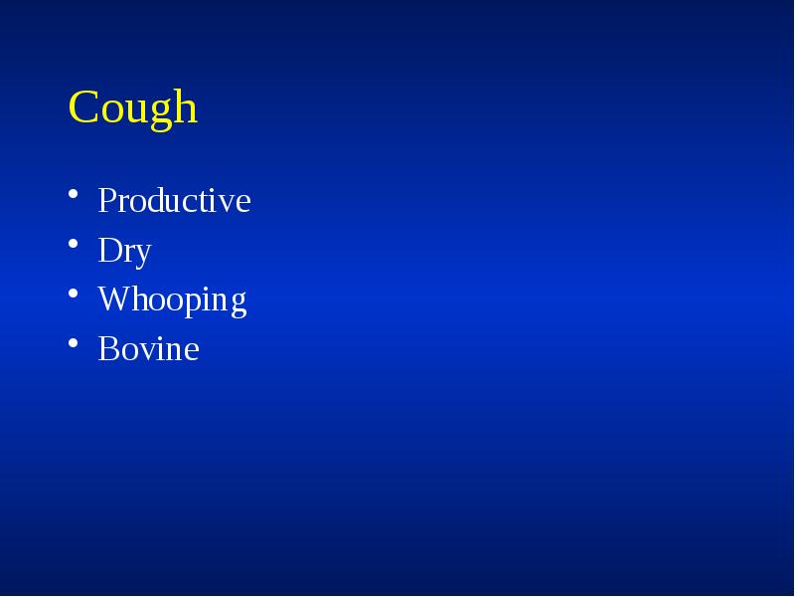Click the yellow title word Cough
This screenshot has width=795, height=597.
tap(133, 107)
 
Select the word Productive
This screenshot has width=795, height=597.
tap(174, 201)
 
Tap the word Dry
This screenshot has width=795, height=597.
tap(124, 251)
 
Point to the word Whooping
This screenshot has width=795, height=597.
tap(172, 300)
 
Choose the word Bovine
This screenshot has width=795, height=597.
tap(148, 349)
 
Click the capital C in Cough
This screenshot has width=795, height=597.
tap(82, 107)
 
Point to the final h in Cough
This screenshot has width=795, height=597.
tap(186, 107)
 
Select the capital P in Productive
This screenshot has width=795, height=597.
tap(106, 201)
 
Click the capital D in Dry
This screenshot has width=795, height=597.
tap(108, 251)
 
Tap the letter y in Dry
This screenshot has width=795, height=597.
tap(141, 255)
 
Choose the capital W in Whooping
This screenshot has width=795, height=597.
tap(112, 299)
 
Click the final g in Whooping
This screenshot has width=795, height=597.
tap(238, 303)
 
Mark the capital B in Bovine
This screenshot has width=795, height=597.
tap(106, 349)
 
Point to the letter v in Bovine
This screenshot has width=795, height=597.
tap(145, 351)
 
